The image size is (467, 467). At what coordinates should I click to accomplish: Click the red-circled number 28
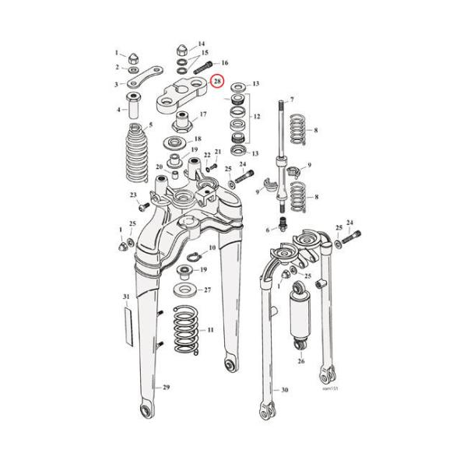(x=217, y=82)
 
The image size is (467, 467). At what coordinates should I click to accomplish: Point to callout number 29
(x=165, y=387)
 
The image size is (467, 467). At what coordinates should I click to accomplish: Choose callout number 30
(x=284, y=389)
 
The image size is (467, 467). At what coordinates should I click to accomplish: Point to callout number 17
(x=203, y=114)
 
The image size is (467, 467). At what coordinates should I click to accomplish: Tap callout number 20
(x=158, y=167)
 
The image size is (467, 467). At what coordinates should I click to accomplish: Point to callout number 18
(x=197, y=138)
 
